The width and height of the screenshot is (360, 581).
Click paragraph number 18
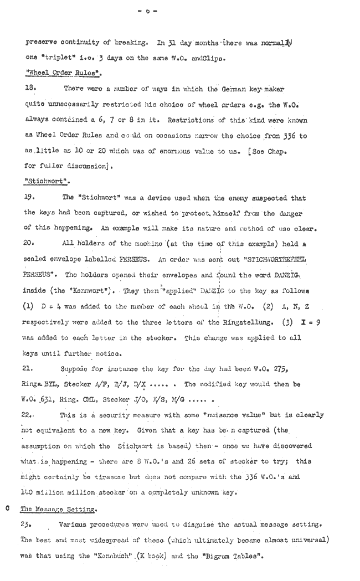[30, 88]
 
